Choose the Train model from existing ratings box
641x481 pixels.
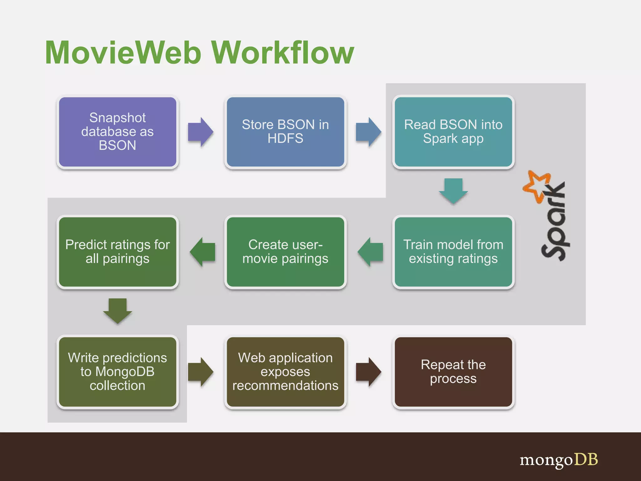[x=453, y=252]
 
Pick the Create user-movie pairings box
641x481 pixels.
[x=285, y=252]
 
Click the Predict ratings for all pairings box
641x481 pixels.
[x=117, y=252]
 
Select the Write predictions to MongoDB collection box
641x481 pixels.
[x=117, y=372]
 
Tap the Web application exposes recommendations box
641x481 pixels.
[x=285, y=372]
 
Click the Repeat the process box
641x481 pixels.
[x=453, y=372]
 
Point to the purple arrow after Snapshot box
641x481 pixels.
[x=201, y=132]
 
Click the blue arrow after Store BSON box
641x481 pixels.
[x=368, y=132]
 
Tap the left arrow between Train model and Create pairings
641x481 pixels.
[x=370, y=252]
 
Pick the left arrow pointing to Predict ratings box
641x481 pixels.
[x=203, y=252]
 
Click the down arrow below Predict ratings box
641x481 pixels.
[x=117, y=310]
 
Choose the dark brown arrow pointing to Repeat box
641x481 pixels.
[x=368, y=372]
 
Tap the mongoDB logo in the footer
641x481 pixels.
[x=559, y=460]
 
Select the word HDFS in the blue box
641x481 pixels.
[x=285, y=138]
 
